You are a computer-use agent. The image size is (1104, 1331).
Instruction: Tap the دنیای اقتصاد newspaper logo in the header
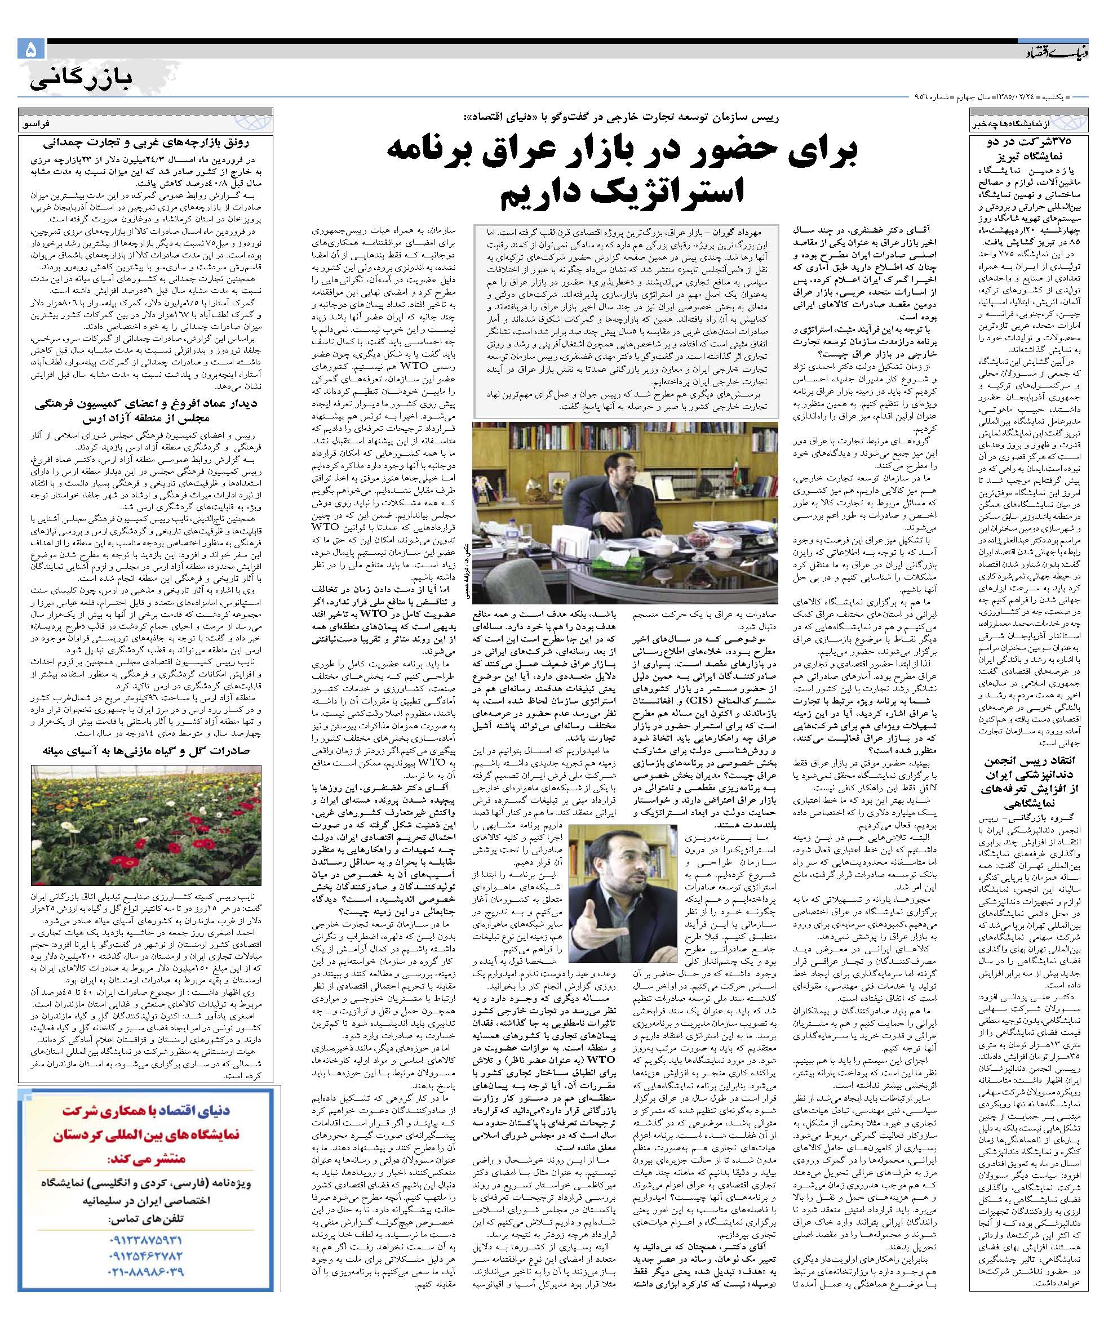[1053, 51]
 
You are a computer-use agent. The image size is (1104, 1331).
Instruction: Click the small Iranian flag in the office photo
[735, 471]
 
